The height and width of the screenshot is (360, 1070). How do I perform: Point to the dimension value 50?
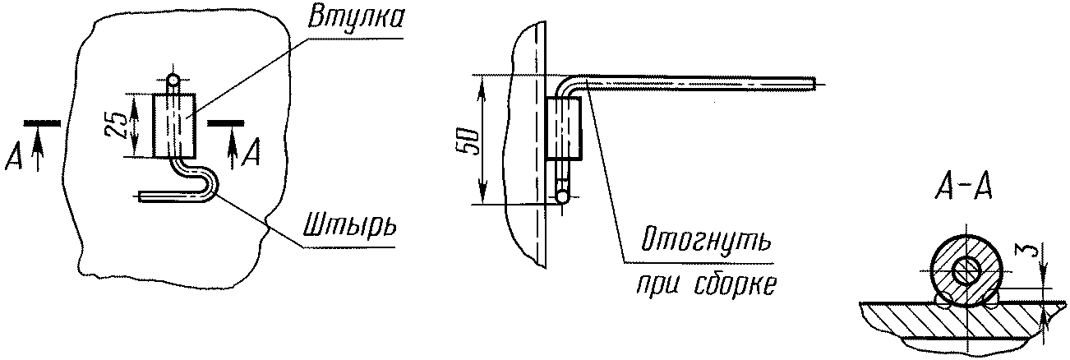pyautogui.click(x=466, y=141)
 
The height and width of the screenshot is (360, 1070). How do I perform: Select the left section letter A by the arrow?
pyautogui.click(x=12, y=157)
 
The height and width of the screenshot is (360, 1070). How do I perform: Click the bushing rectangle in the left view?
pyautogui.click(x=174, y=125)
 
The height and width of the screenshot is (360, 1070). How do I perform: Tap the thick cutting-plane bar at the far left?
pyautogui.click(x=41, y=122)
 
